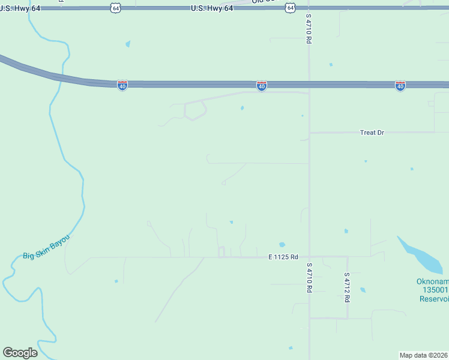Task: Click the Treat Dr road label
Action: click(x=372, y=133)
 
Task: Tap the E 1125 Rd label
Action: click(x=283, y=257)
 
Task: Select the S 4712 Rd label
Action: click(x=347, y=287)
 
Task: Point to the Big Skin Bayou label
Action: click(x=46, y=248)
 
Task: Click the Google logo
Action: click(x=20, y=353)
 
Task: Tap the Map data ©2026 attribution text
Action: click(x=424, y=355)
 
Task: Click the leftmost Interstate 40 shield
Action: click(x=122, y=86)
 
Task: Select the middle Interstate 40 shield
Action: click(x=261, y=86)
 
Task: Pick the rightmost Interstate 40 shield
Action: click(x=400, y=86)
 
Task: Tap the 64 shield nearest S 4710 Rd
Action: click(x=291, y=7)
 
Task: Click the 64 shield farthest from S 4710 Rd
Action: click(x=116, y=7)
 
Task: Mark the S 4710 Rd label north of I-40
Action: click(x=309, y=29)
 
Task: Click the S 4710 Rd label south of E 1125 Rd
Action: click(x=309, y=277)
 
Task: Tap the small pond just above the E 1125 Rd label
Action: click(x=282, y=245)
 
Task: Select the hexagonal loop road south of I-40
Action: click(x=195, y=110)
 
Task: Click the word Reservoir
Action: click(x=435, y=299)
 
